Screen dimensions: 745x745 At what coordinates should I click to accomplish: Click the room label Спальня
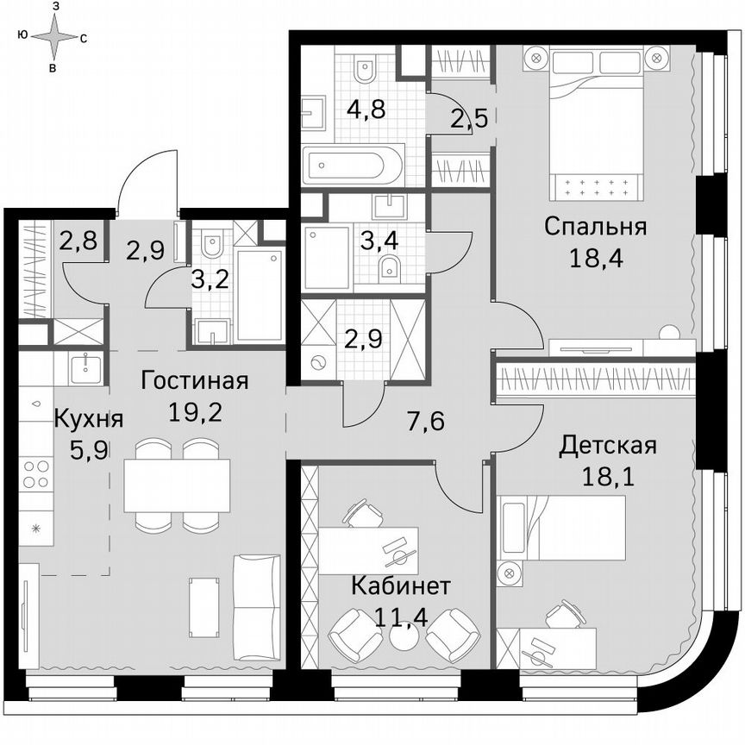click(596, 227)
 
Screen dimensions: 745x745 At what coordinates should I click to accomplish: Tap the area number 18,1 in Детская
click(608, 477)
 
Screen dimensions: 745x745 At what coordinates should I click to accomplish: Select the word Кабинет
click(401, 587)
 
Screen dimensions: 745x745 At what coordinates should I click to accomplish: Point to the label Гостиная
click(195, 381)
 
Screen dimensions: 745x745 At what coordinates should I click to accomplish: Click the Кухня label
click(89, 420)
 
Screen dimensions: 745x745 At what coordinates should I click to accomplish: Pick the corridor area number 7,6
click(424, 421)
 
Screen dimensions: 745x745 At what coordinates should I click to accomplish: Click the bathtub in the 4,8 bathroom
click(353, 164)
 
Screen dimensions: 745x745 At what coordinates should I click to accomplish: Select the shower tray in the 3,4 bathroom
click(327, 257)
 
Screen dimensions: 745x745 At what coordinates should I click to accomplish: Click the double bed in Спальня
click(595, 121)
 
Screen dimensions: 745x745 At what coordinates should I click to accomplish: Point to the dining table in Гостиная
click(177, 485)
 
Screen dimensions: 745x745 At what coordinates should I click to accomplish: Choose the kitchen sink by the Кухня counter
click(86, 369)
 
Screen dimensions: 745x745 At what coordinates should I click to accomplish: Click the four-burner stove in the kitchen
click(37, 474)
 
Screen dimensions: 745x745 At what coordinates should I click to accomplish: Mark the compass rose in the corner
click(54, 37)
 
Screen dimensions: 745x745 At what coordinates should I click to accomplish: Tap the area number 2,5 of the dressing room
click(471, 117)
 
